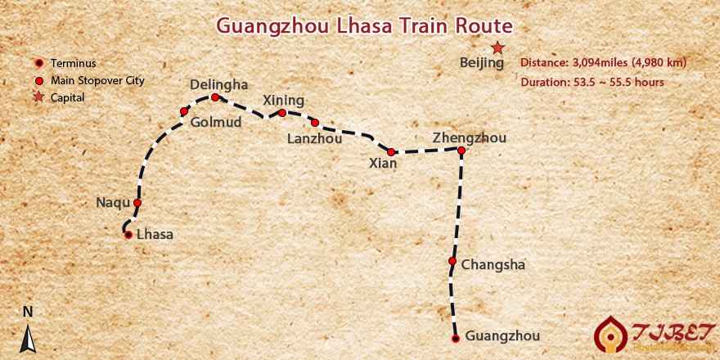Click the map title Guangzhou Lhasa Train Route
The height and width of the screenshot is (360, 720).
pos(364,25)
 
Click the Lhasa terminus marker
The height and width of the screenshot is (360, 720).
pos(128,235)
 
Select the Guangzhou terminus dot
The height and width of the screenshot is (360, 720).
pos(456,338)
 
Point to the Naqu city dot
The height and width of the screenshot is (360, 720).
pos(137,203)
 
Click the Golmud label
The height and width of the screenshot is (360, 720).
pos(215,123)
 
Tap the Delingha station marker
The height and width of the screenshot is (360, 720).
pos(215,97)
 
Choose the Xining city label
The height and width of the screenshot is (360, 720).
pos(283,100)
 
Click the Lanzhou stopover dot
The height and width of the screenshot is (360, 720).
pos(315,123)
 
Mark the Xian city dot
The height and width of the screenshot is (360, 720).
pos(391,152)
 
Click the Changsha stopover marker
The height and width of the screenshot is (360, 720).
pos(452,262)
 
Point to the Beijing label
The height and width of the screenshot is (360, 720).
pos(483,63)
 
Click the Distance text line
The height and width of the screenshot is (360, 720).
pos(603,62)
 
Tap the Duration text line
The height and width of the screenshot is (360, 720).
pos(592,82)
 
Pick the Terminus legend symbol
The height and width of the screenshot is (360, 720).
pos(38,63)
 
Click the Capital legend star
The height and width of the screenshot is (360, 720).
pos(38,97)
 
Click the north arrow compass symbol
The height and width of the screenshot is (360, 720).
pos(28,338)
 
